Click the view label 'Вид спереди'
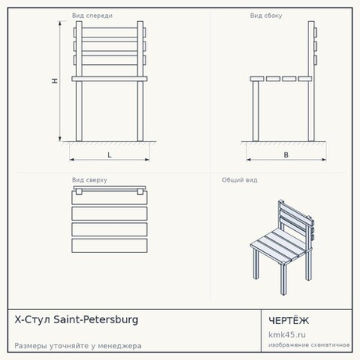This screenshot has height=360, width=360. coord(92,16)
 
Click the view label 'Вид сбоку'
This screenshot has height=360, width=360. coord(266,16)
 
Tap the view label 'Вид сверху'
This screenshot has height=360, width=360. coord(89,180)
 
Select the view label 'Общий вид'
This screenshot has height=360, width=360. coord(239,180)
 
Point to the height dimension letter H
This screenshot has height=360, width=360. coord(55,81)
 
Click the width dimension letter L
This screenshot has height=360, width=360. coord(110,155)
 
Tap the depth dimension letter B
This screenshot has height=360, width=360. coord(286,155)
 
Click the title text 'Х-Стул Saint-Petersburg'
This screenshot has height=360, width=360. coord(76,319)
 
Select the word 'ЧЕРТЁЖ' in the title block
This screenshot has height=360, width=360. coord(289,321)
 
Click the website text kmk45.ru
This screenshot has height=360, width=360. coord(287,334)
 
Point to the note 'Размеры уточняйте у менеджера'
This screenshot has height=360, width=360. coord(77,346)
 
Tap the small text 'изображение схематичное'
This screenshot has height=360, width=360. coord(309,345)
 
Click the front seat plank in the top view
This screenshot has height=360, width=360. coord(110,246)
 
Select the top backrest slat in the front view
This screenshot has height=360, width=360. coord(110,33)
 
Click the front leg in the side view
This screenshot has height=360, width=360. coord(256,111)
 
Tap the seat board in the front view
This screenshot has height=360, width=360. coord(110,78)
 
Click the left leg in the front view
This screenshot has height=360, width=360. coord(79,111)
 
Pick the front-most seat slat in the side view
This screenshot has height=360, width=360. coord(257,78)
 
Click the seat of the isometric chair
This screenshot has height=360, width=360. coord(279,246)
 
